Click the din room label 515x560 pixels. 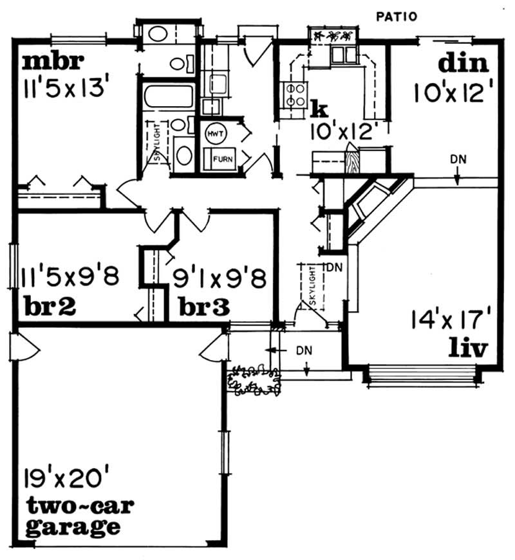[463, 64]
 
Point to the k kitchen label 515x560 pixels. [315, 105]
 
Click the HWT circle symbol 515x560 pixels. [214, 134]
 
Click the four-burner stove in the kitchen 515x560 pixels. [294, 95]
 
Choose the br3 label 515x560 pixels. [204, 306]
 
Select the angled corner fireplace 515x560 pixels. [373, 206]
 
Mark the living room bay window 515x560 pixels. [422, 374]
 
